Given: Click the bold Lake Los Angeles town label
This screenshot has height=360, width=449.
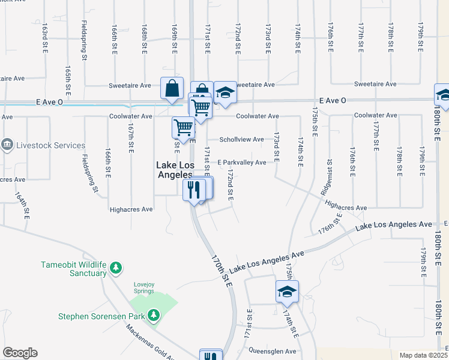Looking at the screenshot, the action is click(x=174, y=169).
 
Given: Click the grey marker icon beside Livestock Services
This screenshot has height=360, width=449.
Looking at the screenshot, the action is click(x=7, y=145).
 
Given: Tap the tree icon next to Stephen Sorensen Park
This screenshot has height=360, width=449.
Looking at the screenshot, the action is click(x=154, y=314).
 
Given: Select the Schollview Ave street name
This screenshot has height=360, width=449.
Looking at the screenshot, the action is click(x=241, y=139).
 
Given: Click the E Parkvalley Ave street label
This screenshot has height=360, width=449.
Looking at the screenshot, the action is click(x=241, y=163).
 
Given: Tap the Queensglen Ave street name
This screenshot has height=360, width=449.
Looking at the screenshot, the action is click(x=274, y=351).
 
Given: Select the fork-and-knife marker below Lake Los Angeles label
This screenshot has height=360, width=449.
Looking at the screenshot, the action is click(x=194, y=190).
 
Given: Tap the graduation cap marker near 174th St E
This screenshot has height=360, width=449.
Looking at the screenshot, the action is click(x=287, y=292).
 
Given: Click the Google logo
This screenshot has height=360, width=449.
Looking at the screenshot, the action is click(x=20, y=353).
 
